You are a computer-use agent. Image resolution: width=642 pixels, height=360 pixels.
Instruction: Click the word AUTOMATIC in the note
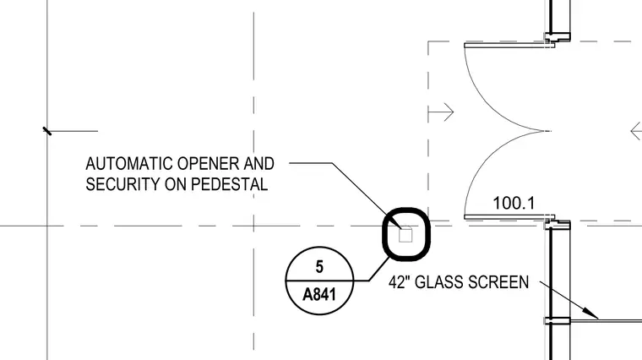pyautogui.click(x=129, y=164)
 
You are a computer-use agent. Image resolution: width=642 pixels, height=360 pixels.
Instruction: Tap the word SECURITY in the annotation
pyautogui.click(x=122, y=184)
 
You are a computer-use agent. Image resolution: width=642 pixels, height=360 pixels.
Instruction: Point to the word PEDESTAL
pyautogui.click(x=229, y=184)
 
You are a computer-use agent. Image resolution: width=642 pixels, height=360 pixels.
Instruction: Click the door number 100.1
pyautogui.click(x=514, y=203)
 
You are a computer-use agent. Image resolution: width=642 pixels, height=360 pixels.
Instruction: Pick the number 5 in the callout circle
pyautogui.click(x=319, y=267)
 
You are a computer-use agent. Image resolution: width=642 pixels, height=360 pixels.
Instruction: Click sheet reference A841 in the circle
pyautogui.click(x=319, y=294)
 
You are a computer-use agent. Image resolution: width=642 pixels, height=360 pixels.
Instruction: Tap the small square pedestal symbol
pyautogui.click(x=405, y=236)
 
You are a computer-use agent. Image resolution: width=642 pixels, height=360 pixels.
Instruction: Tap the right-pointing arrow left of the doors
pyautogui.click(x=441, y=112)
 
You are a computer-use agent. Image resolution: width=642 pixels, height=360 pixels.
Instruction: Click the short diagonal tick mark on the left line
pyautogui.click(x=47, y=131)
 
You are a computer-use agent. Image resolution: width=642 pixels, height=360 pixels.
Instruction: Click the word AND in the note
pyautogui.click(x=258, y=164)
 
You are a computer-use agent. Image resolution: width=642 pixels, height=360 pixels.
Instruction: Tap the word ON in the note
pyautogui.click(x=175, y=184)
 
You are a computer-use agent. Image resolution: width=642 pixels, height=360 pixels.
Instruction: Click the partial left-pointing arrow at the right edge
pyautogui.click(x=636, y=132)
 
